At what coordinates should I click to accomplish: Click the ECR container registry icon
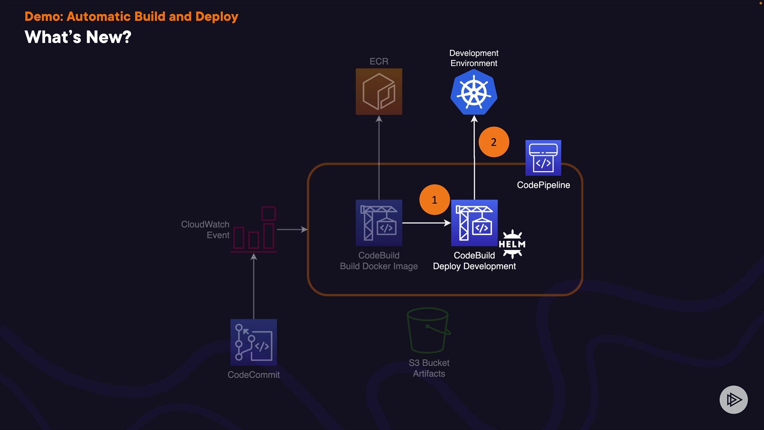tap(379, 92)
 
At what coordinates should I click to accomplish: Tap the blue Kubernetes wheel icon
tap(474, 92)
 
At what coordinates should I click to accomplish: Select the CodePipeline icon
tap(543, 158)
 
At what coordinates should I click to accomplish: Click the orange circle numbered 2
tap(494, 142)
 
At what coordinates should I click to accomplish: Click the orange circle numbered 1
tap(435, 200)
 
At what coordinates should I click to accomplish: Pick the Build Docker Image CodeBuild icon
tap(379, 223)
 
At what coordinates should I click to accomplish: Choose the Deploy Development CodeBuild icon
tap(474, 223)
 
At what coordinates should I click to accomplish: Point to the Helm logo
tap(512, 244)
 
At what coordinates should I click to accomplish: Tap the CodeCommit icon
tap(253, 342)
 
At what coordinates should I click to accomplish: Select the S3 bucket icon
tap(429, 330)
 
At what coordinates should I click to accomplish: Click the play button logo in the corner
tap(733, 400)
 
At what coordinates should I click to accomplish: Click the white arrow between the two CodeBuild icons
tap(426, 223)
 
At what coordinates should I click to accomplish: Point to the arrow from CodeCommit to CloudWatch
tap(254, 287)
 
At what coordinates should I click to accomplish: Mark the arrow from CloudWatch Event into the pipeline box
tap(292, 230)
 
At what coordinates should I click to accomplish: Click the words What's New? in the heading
tap(78, 37)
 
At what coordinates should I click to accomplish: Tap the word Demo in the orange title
tap(42, 17)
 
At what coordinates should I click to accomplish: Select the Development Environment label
tap(474, 58)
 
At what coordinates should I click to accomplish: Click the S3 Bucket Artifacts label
tap(429, 368)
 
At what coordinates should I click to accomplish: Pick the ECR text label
tap(379, 61)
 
